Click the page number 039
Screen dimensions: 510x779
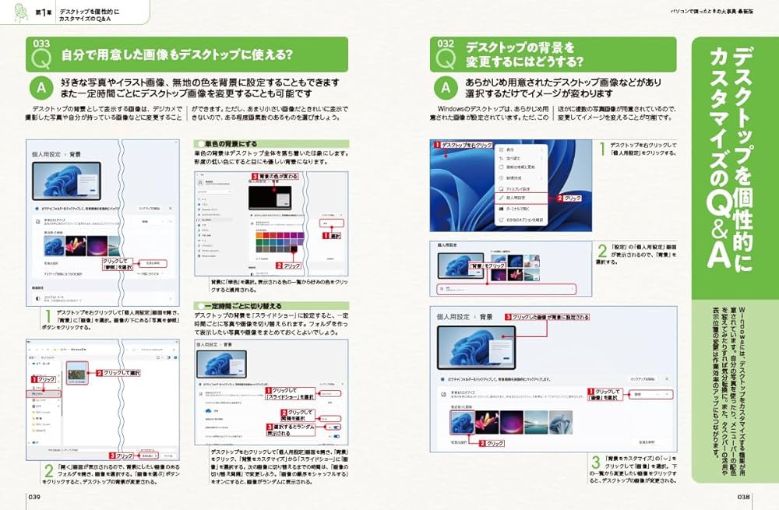pos(34,496)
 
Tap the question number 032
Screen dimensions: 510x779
pos(445,44)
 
